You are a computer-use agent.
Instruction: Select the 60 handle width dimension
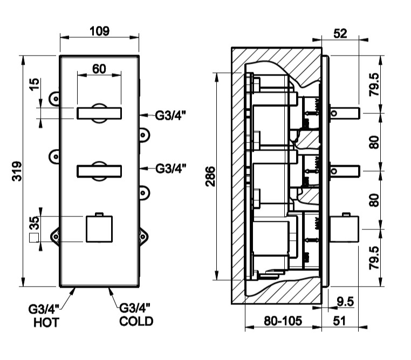pyautogui.click(x=99, y=69)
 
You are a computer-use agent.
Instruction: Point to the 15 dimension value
pyautogui.click(x=34, y=84)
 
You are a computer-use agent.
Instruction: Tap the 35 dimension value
pyautogui.click(x=34, y=223)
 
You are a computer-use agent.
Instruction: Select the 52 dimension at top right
pyautogui.click(x=340, y=33)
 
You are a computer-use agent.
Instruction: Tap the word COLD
pyautogui.click(x=136, y=322)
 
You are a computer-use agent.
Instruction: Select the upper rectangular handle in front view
pyautogui.click(x=99, y=113)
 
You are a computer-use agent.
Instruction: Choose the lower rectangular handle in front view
pyautogui.click(x=99, y=172)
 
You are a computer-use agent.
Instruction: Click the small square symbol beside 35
pyautogui.click(x=34, y=237)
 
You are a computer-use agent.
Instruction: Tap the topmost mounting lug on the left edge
pyautogui.click(x=54, y=98)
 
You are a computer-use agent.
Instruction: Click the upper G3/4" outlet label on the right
pyautogui.click(x=170, y=114)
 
